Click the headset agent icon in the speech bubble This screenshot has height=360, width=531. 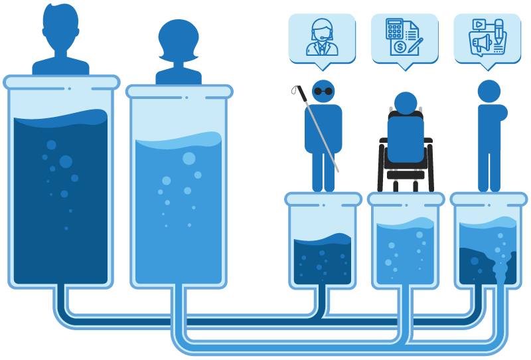click(x=322, y=37)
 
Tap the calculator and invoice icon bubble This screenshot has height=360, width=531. click(x=404, y=37)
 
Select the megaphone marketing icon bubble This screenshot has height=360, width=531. click(x=487, y=37)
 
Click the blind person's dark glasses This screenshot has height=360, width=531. click(x=323, y=92)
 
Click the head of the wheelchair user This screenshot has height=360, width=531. click(x=406, y=103)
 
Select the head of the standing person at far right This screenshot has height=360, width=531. click(x=489, y=92)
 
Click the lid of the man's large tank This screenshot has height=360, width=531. click(x=61, y=82)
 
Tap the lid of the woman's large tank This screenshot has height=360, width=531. click(x=179, y=92)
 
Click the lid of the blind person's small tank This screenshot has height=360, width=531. click(x=323, y=199)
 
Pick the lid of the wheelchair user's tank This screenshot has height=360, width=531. click(x=406, y=199)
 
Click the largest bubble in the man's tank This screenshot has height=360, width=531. click(x=66, y=161)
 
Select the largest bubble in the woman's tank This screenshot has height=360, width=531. click(x=189, y=158)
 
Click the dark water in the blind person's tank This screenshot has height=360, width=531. click(x=323, y=262)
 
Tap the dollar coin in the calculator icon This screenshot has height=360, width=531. click(x=400, y=47)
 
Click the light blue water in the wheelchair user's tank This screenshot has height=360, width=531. click(x=406, y=256)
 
